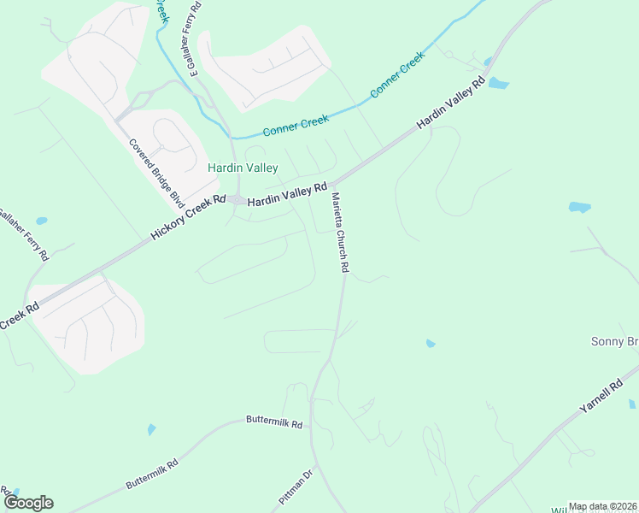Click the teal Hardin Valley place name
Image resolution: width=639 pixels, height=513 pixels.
pyautogui.click(x=243, y=168)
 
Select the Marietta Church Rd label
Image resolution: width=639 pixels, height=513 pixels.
pyautogui.click(x=340, y=233)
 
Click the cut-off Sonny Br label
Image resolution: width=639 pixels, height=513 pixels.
pyautogui.click(x=614, y=341)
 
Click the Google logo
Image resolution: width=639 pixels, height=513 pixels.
pyautogui.click(x=28, y=502)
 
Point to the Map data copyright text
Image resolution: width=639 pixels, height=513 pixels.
pyautogui.click(x=601, y=506)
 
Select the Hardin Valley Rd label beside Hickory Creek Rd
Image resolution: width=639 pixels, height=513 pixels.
pyautogui.click(x=288, y=194)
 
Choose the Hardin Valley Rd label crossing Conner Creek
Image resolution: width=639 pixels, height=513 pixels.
pyautogui.click(x=451, y=103)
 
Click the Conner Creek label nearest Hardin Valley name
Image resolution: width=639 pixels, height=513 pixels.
pyautogui.click(x=296, y=126)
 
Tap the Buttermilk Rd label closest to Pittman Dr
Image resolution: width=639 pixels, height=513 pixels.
pyautogui.click(x=274, y=422)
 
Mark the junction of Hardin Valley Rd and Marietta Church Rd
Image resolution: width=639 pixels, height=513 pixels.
pyautogui.click(x=333, y=184)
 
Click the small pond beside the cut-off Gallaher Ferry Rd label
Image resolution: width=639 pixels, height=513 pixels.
pyautogui.click(x=41, y=221)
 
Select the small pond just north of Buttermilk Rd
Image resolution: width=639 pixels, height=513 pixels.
pyautogui.click(x=151, y=429)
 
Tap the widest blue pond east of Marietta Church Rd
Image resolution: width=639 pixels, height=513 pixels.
pyautogui.click(x=579, y=207)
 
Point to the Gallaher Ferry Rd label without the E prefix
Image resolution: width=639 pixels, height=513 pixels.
pyautogui.click(x=24, y=235)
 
